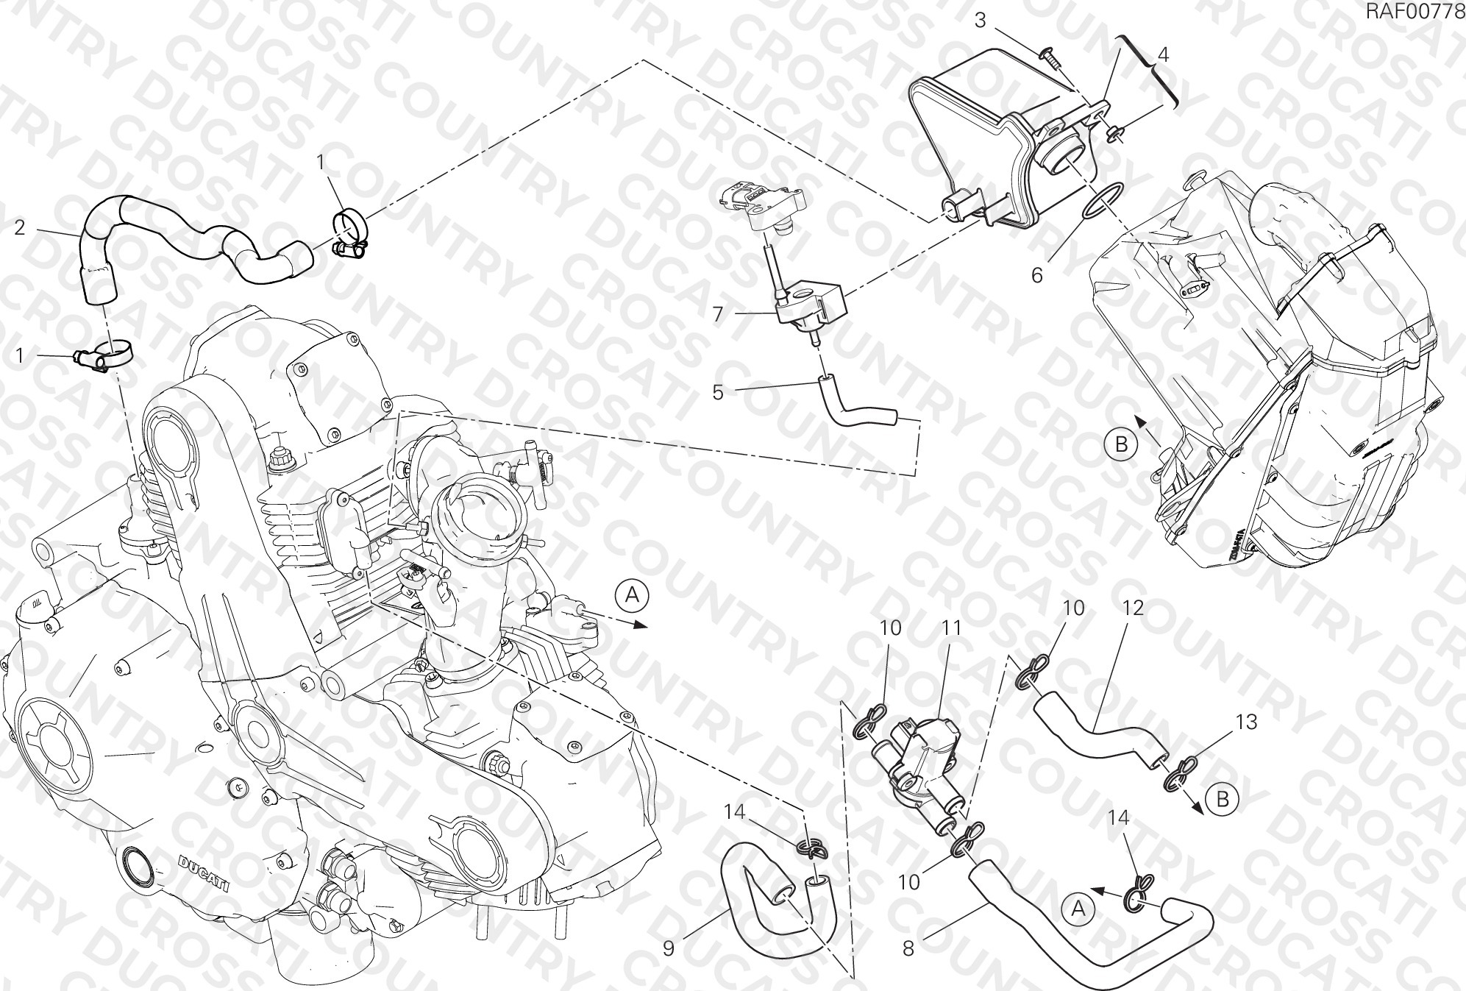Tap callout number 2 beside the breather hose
pos(21,227)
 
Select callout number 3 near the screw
pos(981,21)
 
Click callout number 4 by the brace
pos(1163,55)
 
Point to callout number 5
pos(718,392)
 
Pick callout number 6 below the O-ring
pos(1037,275)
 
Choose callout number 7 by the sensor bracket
pos(718,314)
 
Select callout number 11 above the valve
pos(953,628)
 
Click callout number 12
pos(1134,608)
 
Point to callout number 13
pos(1247,722)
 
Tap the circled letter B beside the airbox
pos(1121,444)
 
